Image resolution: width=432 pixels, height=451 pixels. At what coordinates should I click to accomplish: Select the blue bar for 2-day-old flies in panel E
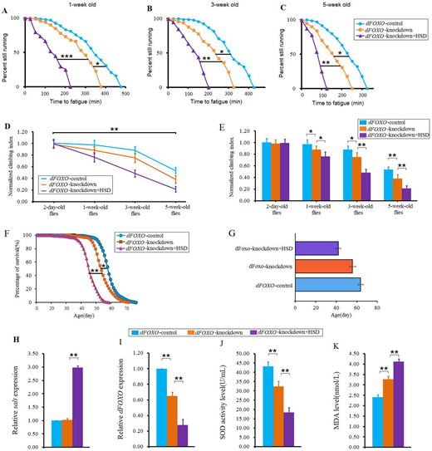click(x=267, y=170)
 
